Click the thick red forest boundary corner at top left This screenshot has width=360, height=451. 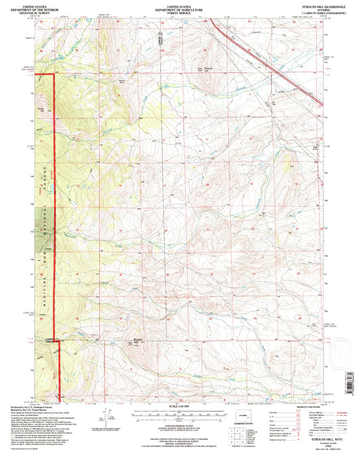tap(53, 73)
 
